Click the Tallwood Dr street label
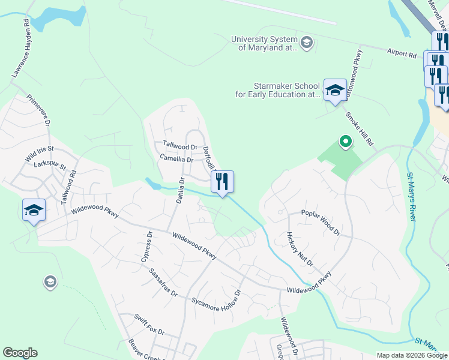point(180,146)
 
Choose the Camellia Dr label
point(176,160)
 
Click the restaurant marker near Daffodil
point(222,181)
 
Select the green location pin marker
point(345,142)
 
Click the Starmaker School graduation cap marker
point(335,90)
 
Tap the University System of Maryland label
point(265,43)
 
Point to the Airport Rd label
point(402,54)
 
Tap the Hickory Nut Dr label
point(300,250)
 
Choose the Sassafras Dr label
point(163,282)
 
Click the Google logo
point(20,353)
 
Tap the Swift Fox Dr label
point(149,325)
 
